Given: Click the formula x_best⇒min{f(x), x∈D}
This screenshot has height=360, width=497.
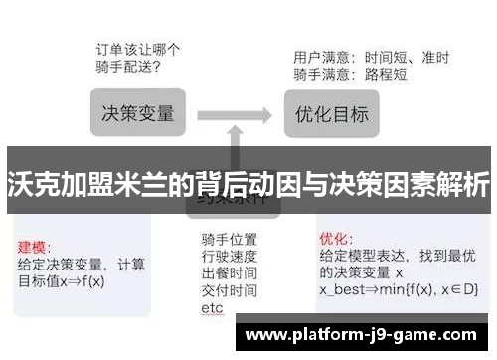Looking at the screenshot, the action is coord(399,289).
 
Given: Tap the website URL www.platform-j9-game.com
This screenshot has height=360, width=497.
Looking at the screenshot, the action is coord(367,335).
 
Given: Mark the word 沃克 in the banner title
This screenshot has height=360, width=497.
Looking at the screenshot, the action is coord(29,184).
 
